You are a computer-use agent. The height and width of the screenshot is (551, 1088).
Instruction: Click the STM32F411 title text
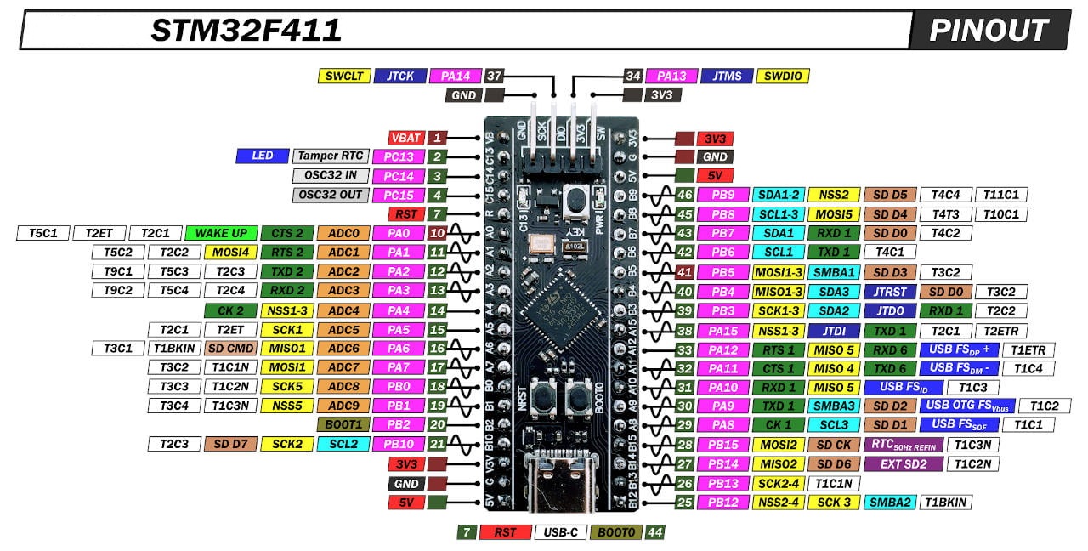coord(246,31)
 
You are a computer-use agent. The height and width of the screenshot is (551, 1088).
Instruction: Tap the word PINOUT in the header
coord(988,31)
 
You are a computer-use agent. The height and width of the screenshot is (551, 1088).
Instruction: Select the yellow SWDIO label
coord(782,76)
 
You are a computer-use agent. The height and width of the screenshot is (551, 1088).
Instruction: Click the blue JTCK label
coord(399,76)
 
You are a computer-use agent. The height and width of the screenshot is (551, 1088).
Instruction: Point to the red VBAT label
coord(405,138)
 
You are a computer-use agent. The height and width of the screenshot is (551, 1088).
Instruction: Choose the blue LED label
coord(263,156)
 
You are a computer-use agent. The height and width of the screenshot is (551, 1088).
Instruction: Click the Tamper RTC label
coord(331,156)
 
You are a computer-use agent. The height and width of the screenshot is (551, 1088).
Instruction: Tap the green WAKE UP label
coord(221,233)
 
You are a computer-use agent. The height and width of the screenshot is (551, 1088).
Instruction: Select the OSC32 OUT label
coord(331,195)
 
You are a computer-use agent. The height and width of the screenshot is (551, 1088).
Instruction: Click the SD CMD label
coord(230,348)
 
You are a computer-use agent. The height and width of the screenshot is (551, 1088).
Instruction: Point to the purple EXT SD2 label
coord(903,463)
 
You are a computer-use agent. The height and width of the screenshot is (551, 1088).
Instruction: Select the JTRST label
coord(889,291)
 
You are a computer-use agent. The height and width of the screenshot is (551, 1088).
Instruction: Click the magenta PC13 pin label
coord(399,156)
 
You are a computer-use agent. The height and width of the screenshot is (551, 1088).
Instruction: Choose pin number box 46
coord(684,195)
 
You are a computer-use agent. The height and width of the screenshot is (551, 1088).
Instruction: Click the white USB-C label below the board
coord(559,532)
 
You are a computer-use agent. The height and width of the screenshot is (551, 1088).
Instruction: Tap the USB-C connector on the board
coord(561,483)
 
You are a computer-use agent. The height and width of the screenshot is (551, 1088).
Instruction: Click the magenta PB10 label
coord(399,444)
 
